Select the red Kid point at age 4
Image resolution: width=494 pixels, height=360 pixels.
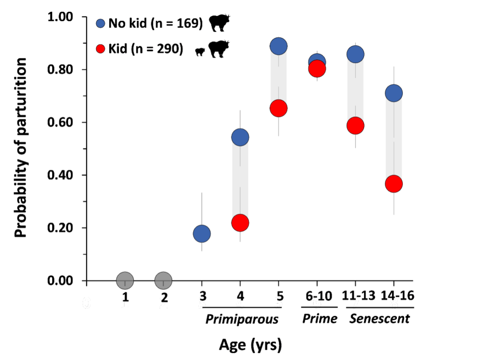click(240, 223)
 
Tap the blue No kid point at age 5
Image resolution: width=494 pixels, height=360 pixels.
click(278, 46)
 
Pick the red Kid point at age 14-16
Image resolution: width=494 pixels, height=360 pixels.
click(394, 184)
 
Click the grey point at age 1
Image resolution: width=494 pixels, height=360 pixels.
click(125, 280)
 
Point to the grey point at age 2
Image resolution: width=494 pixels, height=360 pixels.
click(163, 280)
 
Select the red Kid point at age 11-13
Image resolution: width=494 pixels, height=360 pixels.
click(355, 126)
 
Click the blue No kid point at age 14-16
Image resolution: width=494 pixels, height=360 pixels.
click(394, 93)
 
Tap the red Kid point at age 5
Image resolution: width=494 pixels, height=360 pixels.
click(278, 108)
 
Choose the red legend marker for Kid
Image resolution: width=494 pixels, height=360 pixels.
click(100, 49)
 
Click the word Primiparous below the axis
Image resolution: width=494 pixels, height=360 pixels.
click(242, 319)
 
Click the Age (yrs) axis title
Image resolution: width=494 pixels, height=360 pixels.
click(250, 345)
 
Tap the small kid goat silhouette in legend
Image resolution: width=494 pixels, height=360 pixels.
click(200, 51)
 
